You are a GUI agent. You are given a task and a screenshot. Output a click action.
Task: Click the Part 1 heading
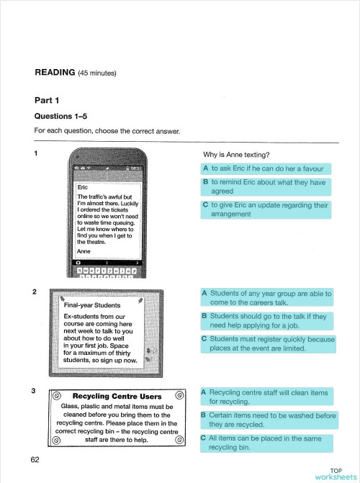[47, 99]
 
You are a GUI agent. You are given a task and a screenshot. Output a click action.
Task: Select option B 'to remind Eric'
[264, 187]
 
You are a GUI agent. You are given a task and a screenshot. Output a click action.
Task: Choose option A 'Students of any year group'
[266, 298]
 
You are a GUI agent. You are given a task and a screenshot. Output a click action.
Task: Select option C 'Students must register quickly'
[267, 343]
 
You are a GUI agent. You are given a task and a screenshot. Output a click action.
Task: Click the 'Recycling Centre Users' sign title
[117, 396]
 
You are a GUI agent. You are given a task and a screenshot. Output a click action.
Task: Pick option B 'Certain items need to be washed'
[267, 420]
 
